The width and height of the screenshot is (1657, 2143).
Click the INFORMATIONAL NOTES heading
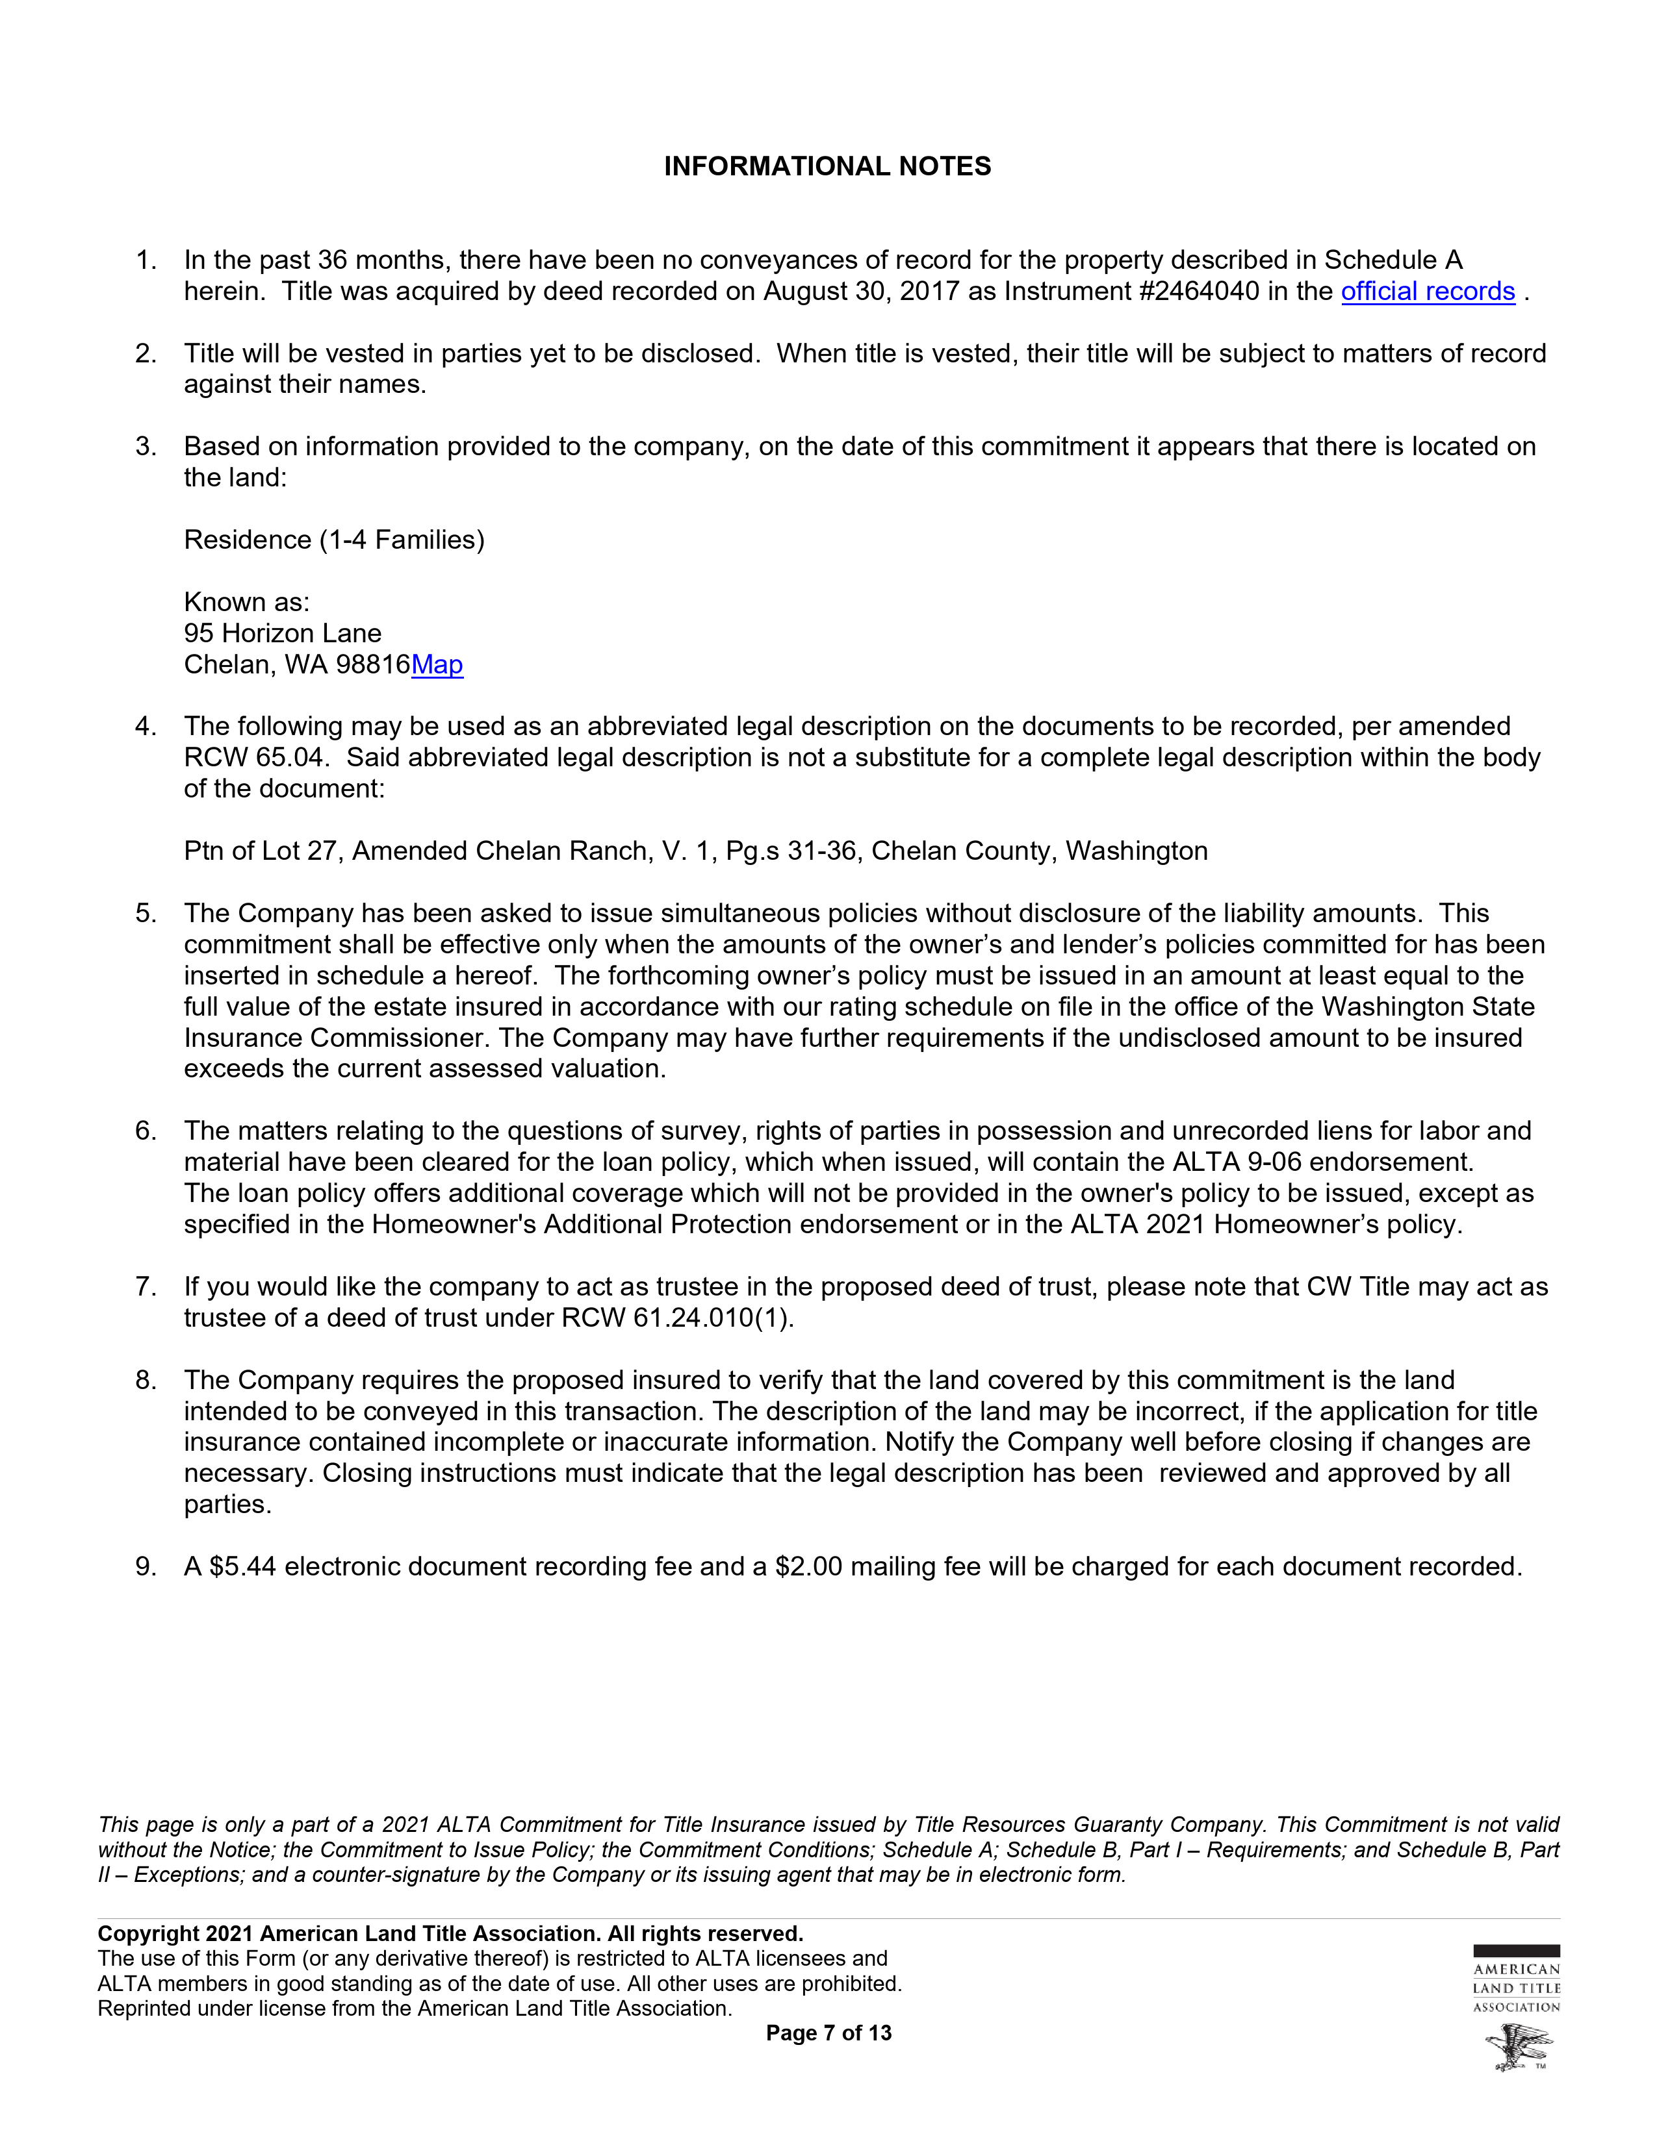tap(827, 167)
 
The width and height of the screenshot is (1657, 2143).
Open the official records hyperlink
tap(1428, 292)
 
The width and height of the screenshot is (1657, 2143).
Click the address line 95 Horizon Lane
tap(283, 634)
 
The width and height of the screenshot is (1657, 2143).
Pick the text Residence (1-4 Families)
tap(334, 541)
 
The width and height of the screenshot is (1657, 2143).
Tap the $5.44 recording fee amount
tap(242, 1567)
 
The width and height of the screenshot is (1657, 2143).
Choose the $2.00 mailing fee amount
tap(808, 1567)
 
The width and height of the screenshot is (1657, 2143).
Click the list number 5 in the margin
tap(146, 914)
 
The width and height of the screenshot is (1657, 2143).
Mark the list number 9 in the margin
tap(146, 1567)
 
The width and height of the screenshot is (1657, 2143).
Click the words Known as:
tap(246, 603)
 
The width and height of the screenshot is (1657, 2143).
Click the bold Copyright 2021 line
tap(450, 1934)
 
